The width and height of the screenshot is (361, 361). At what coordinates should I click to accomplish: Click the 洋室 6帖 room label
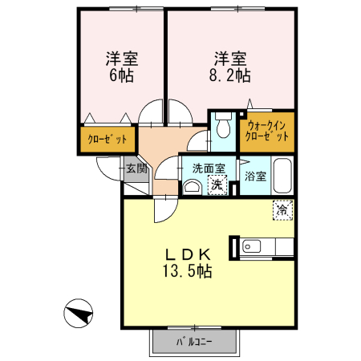(122, 67)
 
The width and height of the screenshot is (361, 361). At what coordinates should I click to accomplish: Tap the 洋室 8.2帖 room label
(229, 67)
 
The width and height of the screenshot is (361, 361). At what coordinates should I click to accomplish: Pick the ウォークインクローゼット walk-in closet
(267, 131)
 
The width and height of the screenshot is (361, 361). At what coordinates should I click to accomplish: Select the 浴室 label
(255, 176)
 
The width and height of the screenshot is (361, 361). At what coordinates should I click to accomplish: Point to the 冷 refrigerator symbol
(282, 210)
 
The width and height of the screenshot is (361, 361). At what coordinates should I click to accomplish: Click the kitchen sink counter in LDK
(264, 245)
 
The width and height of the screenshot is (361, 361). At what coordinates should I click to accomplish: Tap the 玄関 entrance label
(135, 168)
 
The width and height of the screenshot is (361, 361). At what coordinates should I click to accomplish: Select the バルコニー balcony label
(193, 342)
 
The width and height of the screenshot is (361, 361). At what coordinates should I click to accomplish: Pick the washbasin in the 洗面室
(193, 187)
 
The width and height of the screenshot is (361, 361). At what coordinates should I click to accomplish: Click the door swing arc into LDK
(162, 209)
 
